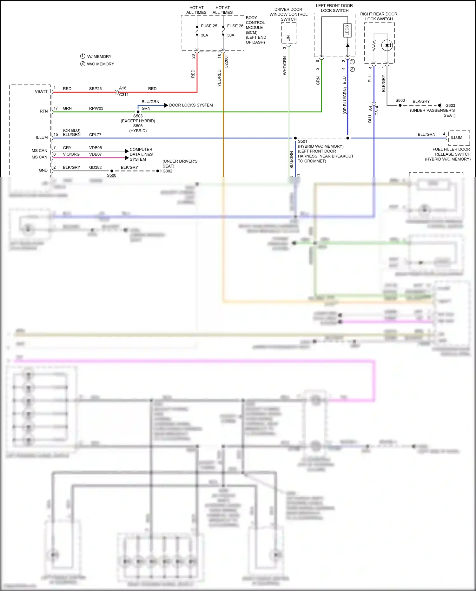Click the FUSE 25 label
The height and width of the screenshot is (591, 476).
[209, 26]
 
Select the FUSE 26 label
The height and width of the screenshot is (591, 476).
[235, 26]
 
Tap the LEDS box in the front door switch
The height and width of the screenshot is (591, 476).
[347, 30]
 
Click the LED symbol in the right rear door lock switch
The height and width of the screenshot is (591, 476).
[387, 45]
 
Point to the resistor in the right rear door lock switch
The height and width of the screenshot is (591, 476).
[374, 45]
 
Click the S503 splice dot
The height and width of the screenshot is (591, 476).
[138, 112]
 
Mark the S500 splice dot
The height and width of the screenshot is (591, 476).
[112, 171]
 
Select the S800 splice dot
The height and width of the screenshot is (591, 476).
[400, 105]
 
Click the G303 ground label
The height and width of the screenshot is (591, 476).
[450, 105]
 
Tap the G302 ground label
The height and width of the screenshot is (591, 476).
[168, 171]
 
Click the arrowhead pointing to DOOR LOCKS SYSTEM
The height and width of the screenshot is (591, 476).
[166, 105]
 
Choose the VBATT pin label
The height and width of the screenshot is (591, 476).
[41, 91]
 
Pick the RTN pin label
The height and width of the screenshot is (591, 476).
[44, 111]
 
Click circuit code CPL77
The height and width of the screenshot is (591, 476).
[95, 135]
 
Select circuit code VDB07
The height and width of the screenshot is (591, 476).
[96, 154]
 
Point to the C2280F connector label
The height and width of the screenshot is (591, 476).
[226, 61]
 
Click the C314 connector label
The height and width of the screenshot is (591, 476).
[377, 110]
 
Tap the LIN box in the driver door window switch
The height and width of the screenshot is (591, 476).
[288, 38]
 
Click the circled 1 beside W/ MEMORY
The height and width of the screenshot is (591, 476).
[83, 56]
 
